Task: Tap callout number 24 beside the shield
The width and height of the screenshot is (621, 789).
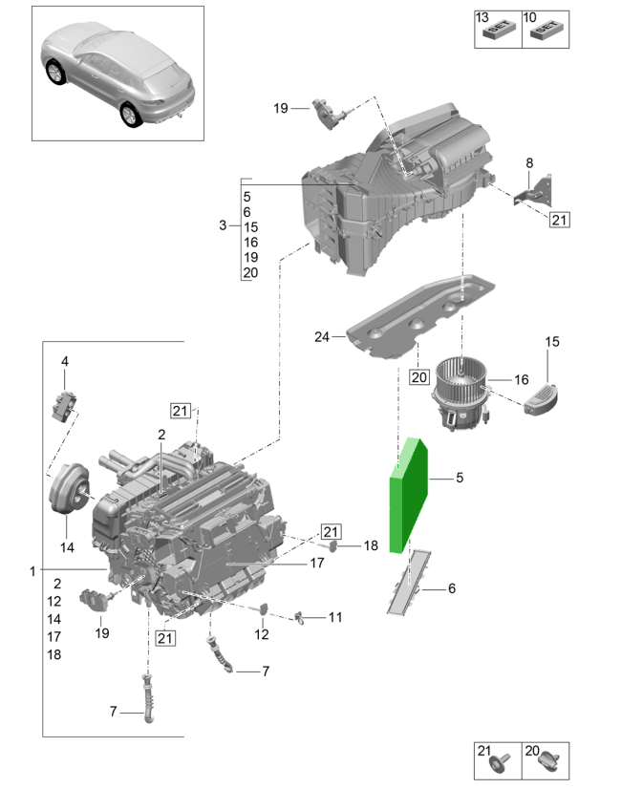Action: coord(321,336)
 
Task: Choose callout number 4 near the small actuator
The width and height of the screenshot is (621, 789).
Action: coord(65,361)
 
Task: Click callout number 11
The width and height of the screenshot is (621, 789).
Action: coord(334,617)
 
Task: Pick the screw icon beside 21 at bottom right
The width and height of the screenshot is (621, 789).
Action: coord(503,761)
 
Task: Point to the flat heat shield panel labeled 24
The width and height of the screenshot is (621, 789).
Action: coord(420,315)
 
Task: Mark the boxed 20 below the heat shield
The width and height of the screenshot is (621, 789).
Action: coord(419,375)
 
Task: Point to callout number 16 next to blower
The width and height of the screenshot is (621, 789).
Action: coord(521,379)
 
